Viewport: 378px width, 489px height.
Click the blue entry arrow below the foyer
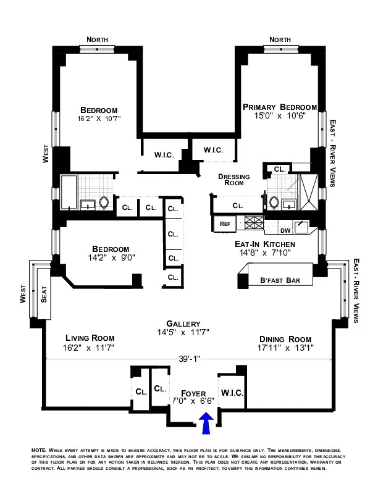(207, 425)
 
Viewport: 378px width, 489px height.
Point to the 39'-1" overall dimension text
(189, 357)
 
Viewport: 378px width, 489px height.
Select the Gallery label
(183, 324)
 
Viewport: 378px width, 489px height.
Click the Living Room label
(90, 338)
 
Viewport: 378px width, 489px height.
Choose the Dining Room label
(285, 339)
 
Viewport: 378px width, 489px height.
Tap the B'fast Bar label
(280, 280)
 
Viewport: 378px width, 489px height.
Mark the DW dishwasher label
(285, 231)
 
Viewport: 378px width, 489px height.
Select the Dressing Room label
(234, 180)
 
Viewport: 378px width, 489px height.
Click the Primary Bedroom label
(280, 106)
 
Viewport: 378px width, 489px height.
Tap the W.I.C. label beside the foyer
(232, 393)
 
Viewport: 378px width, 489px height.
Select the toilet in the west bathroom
(104, 203)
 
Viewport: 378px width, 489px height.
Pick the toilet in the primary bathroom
(274, 202)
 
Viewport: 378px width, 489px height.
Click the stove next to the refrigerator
(254, 224)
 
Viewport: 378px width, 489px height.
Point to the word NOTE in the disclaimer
(38, 451)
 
